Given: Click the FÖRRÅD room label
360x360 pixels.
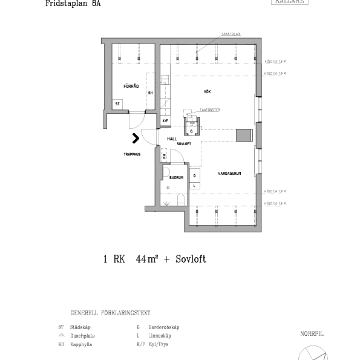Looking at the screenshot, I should click(131, 86).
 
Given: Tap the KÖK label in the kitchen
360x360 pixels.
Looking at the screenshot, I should click(207, 91).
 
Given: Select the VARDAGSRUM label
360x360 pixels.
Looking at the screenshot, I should click(230, 174).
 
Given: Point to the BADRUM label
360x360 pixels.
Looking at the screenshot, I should click(176, 178).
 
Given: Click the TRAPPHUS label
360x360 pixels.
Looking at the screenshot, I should click(131, 154).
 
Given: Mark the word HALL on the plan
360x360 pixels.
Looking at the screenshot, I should click(172, 139).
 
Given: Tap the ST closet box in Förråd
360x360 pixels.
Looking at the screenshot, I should click(118, 104).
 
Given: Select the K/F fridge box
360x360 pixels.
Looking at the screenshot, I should click(165, 120).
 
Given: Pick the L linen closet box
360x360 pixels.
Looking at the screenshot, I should click(194, 185).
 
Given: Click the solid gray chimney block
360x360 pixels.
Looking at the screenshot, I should click(244, 134).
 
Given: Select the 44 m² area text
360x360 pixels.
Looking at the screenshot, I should click(148, 259).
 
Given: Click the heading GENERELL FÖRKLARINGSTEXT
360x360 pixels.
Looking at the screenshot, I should click(110, 313).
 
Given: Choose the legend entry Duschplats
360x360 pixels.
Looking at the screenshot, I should click(82, 335).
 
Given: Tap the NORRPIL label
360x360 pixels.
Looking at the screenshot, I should click(312, 333).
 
